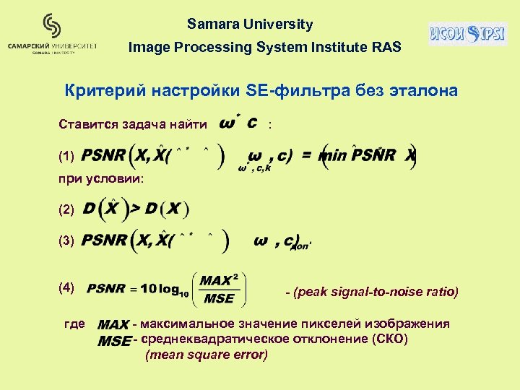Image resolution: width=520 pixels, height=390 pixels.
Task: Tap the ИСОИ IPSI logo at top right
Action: coord(467,33)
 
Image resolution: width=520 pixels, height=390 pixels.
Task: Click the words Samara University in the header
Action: coord(250,25)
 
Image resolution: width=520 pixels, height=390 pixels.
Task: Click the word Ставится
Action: coord(90,124)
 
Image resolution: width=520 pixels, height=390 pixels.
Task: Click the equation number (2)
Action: coord(66,209)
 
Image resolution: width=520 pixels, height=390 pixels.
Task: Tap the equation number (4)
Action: coord(66,287)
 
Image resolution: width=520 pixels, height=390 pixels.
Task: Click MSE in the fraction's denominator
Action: coord(220,298)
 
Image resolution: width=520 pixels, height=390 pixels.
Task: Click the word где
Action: coord(74,324)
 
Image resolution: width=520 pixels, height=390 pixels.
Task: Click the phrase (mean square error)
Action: coord(207,355)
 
